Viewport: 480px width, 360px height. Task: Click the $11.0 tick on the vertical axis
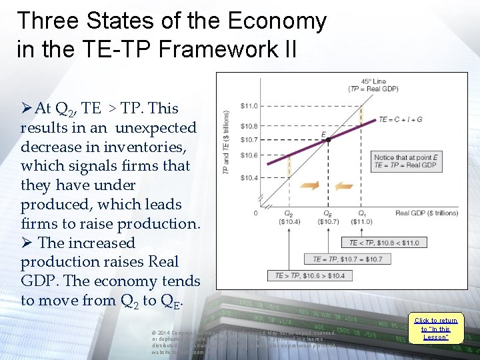(249, 106)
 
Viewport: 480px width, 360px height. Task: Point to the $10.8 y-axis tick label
(249, 126)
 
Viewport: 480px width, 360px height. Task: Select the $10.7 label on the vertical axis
(249, 139)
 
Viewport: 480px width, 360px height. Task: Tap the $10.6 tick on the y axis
(249, 155)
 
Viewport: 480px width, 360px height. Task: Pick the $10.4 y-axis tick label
(249, 178)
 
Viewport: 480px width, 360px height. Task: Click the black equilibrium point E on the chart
(329, 139)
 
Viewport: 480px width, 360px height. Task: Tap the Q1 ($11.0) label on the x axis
(361, 217)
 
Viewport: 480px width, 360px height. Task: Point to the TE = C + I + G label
(400, 119)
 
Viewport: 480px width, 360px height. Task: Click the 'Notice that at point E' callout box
(405, 161)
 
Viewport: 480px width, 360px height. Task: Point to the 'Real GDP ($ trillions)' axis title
(426, 213)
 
